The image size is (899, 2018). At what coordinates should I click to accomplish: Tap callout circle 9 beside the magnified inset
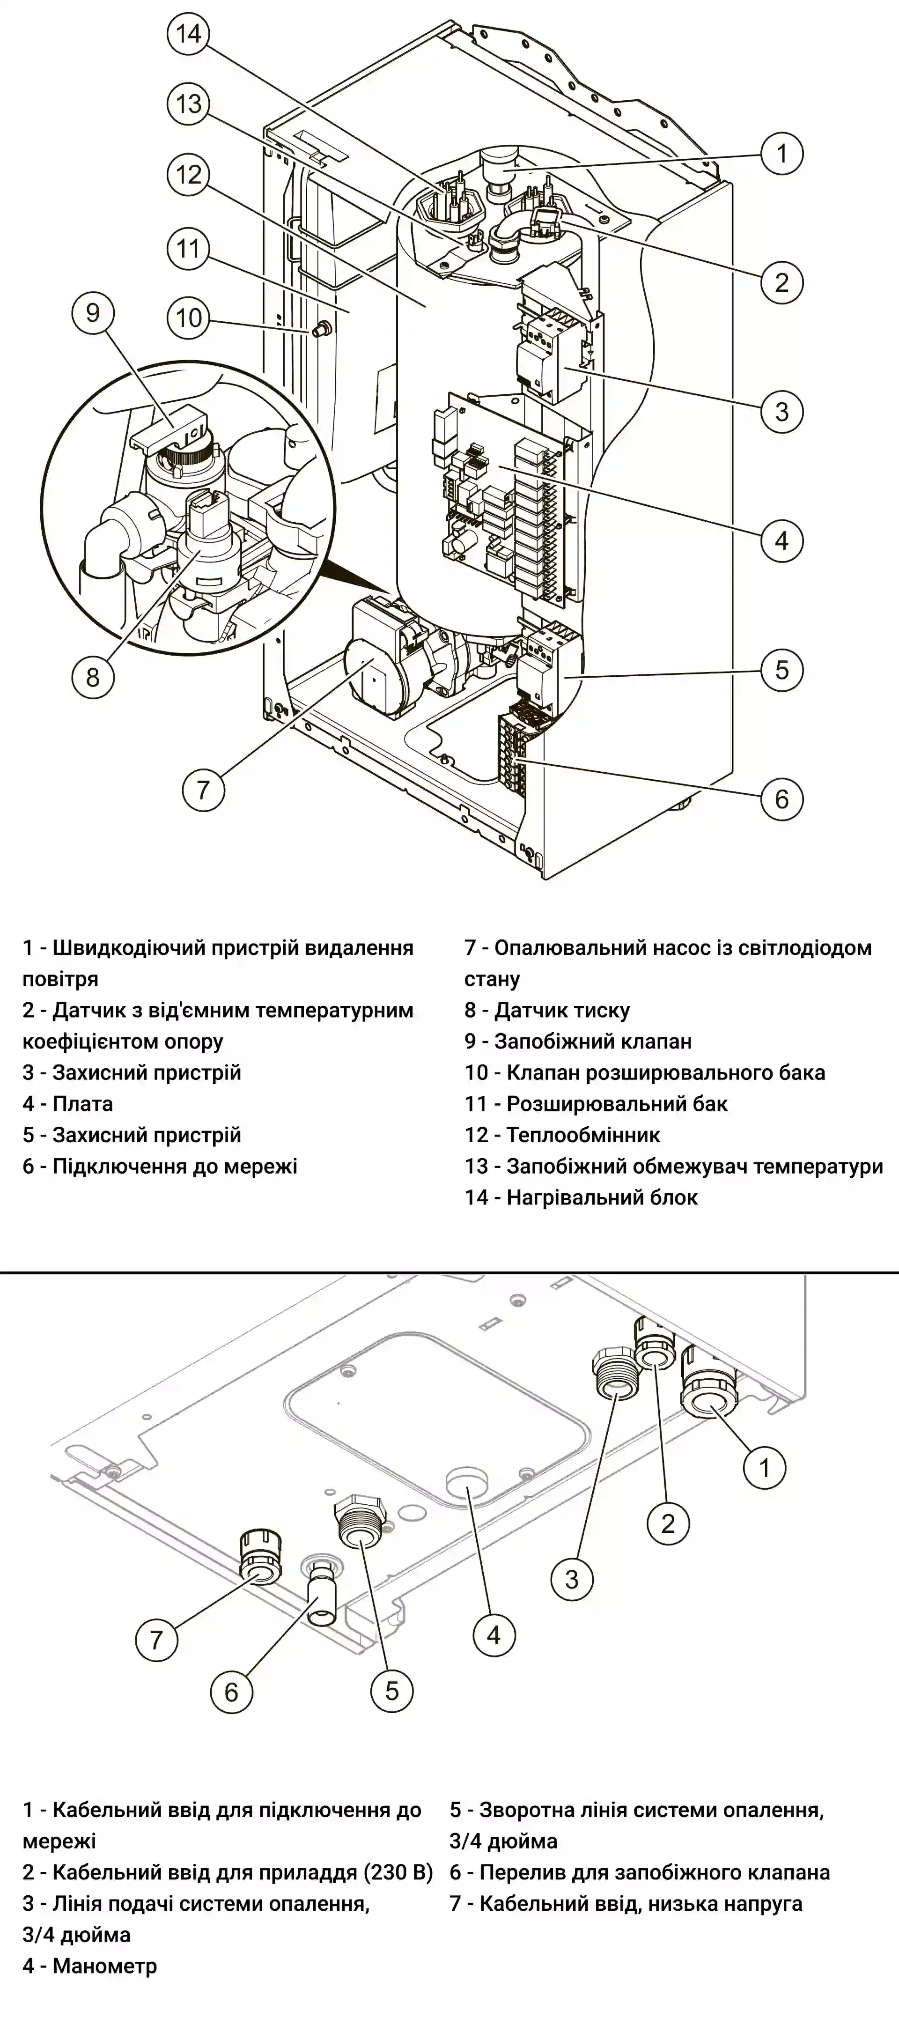93,313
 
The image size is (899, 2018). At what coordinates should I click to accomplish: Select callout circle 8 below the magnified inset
93,676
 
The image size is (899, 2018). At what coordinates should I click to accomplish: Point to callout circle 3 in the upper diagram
781,411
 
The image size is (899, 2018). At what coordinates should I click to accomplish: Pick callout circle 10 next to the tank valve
188,318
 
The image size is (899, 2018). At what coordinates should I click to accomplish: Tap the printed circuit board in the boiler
501,502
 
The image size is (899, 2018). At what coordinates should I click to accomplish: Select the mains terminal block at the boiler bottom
513,752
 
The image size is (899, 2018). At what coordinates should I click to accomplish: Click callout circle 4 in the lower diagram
494,1635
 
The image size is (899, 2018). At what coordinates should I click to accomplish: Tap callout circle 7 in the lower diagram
156,1639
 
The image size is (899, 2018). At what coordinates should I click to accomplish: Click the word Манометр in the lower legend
105,1966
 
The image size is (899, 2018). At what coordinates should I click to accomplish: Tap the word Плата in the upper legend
82,1104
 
